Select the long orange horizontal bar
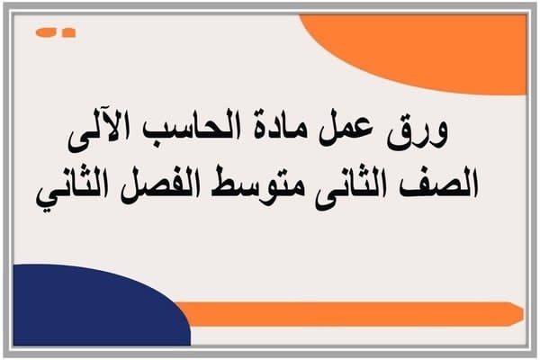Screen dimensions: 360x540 tap(351, 313)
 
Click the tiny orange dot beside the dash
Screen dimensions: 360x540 tap(69, 33)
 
